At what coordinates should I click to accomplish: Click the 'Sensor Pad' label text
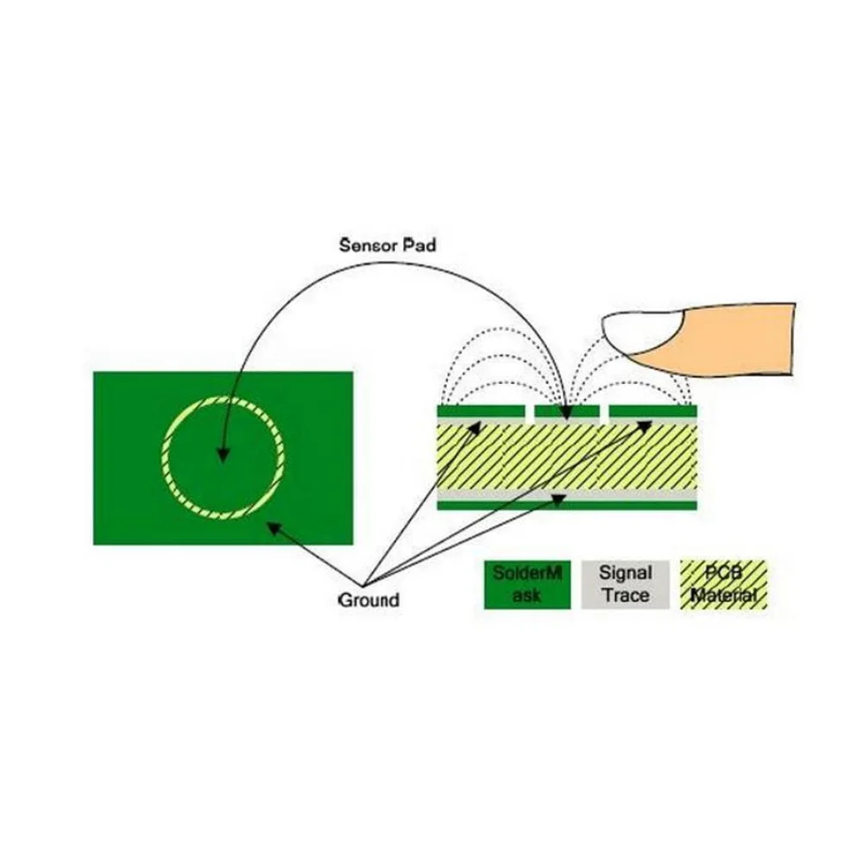[x=387, y=245]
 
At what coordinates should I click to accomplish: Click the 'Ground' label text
[x=369, y=599]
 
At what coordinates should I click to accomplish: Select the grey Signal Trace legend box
[x=626, y=584]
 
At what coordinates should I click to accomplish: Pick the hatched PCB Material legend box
[x=723, y=584]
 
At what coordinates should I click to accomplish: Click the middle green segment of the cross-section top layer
[x=565, y=411]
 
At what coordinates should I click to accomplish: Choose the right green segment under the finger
[x=652, y=411]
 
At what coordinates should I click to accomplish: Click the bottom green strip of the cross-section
[x=565, y=505]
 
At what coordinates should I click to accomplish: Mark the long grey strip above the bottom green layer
[x=565, y=495]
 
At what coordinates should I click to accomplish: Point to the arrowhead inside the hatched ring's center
[x=222, y=456]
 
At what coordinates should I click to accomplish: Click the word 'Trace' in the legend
[x=626, y=595]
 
